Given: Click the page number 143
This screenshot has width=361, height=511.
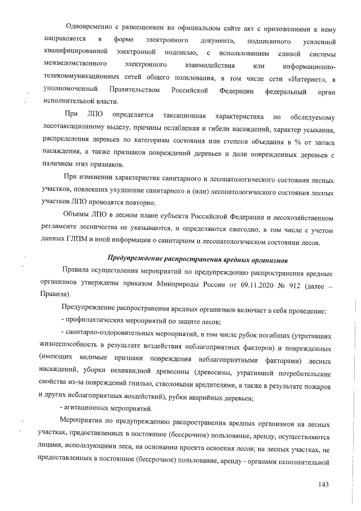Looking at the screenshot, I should coord(323,484).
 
